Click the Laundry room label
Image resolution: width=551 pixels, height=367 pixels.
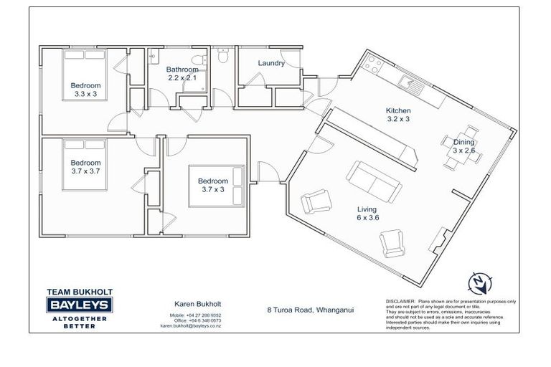[x=271, y=63]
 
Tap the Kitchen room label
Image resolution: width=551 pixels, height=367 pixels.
[x=398, y=115]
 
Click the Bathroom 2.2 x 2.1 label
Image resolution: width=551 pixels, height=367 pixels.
[x=182, y=73]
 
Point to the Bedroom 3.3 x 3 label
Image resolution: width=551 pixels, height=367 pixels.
[x=84, y=89]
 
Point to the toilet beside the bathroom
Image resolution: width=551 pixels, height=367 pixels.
[x=223, y=57]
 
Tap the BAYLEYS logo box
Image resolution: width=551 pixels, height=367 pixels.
[x=79, y=304]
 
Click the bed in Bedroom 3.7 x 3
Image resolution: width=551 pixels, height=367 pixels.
[x=219, y=186]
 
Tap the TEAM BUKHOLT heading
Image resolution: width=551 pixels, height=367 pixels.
[x=79, y=292]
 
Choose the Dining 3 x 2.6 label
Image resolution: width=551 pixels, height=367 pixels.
[x=463, y=146]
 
